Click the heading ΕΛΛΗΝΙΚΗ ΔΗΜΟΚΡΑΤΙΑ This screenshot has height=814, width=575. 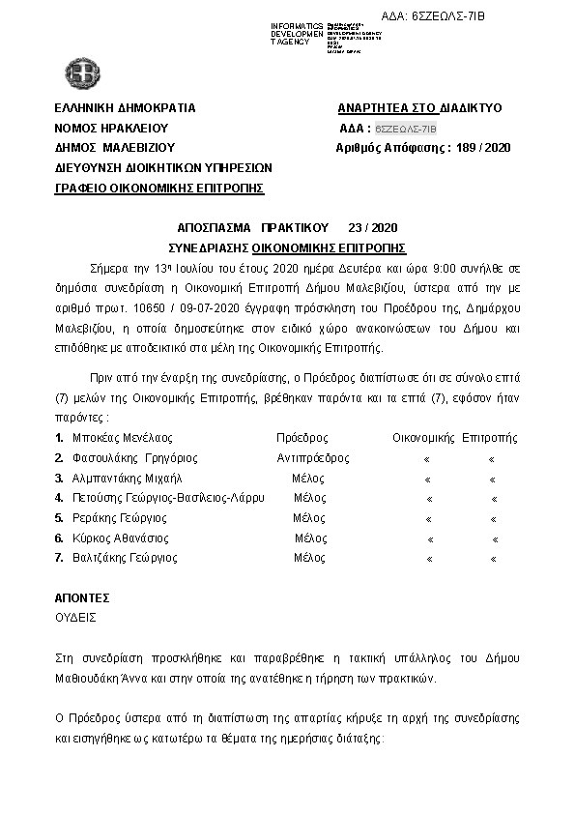tap(126, 107)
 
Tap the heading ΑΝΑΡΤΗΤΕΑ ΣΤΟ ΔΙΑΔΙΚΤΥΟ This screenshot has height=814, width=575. tap(419, 107)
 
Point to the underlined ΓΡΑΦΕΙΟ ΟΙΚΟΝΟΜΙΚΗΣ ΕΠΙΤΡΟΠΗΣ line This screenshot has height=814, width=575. tap(159, 189)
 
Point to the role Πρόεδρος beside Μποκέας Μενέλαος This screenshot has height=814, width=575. tap(302, 438)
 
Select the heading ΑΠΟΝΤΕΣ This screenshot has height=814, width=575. tap(82, 597)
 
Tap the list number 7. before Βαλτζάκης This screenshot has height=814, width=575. tap(60, 558)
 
